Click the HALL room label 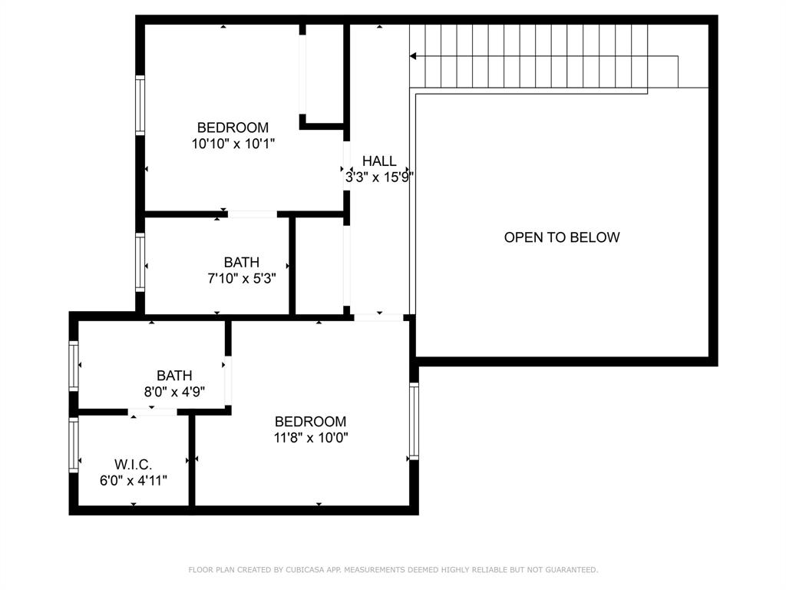point(379,161)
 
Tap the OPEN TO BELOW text point(561,237)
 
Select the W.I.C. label point(134,465)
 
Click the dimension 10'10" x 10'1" point(233,144)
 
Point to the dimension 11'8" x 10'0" point(311,438)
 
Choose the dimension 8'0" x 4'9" point(174,391)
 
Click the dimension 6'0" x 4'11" point(134,480)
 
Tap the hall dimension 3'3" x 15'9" point(379,177)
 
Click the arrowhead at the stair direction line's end point(413,56)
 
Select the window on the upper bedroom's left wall point(140,105)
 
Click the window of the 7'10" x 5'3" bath point(140,263)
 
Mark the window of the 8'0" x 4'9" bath point(74,366)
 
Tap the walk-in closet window point(74,444)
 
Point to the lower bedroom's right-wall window point(414,421)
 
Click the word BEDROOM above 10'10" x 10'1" point(233,128)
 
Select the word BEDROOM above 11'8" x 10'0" point(311,422)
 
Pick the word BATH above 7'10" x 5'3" point(242,262)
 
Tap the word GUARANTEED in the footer point(570,570)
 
